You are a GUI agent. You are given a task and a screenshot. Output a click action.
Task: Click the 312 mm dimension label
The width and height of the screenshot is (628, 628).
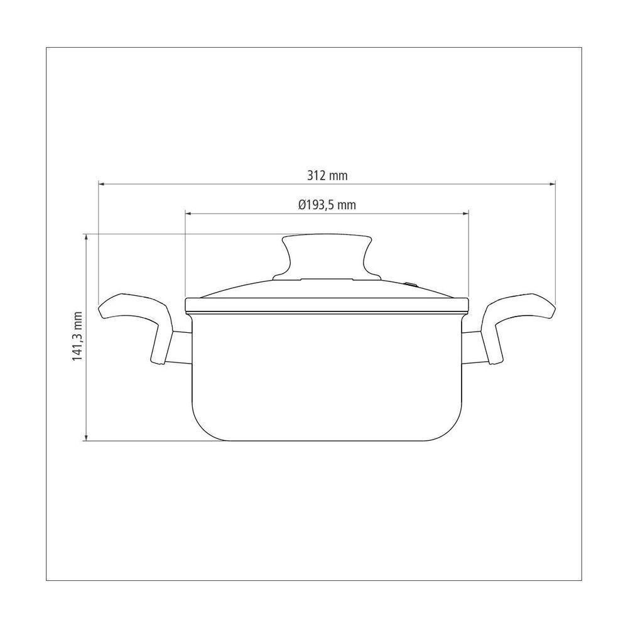[x=327, y=175]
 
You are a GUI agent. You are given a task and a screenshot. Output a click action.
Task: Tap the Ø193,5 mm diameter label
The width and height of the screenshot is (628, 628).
[x=327, y=205]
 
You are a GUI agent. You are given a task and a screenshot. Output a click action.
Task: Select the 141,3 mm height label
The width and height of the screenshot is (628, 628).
[x=77, y=337]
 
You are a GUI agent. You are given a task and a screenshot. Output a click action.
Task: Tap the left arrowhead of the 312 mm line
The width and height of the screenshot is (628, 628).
[x=101, y=184]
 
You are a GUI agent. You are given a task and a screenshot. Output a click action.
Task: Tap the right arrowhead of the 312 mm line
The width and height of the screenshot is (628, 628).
[x=553, y=184]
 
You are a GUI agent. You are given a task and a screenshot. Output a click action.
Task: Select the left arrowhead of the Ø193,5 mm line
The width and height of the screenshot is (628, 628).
[x=188, y=214]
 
